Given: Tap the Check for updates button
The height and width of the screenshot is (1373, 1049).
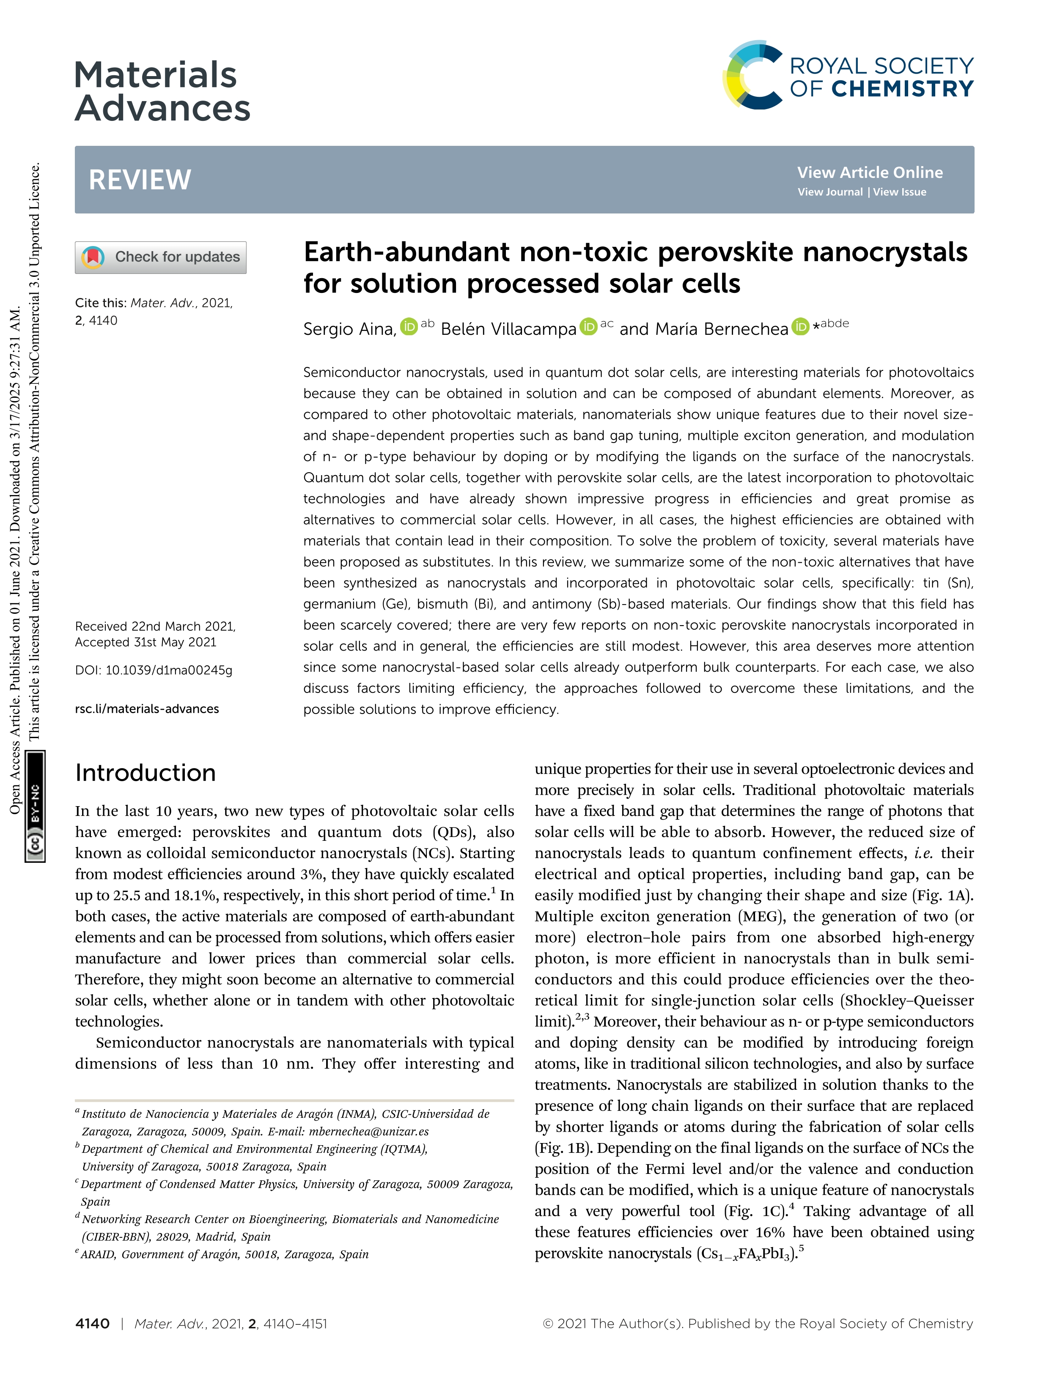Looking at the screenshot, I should point(160,257).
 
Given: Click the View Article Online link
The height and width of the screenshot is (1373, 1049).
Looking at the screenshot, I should point(869,172).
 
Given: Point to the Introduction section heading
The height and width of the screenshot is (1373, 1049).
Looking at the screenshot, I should point(146,773).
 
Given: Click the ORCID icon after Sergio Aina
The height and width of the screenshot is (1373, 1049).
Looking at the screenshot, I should point(408,326).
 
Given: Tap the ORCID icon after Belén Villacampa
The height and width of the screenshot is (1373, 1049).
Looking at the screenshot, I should point(588,326).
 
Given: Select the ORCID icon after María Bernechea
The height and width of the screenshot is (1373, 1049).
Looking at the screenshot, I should point(800,326).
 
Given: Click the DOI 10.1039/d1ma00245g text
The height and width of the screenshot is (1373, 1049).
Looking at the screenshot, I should point(154,670).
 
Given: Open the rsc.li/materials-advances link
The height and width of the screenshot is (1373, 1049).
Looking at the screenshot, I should point(147,709).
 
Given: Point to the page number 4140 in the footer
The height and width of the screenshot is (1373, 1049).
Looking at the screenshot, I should point(92,1324).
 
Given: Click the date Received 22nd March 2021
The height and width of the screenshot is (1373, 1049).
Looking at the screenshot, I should point(155,626).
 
